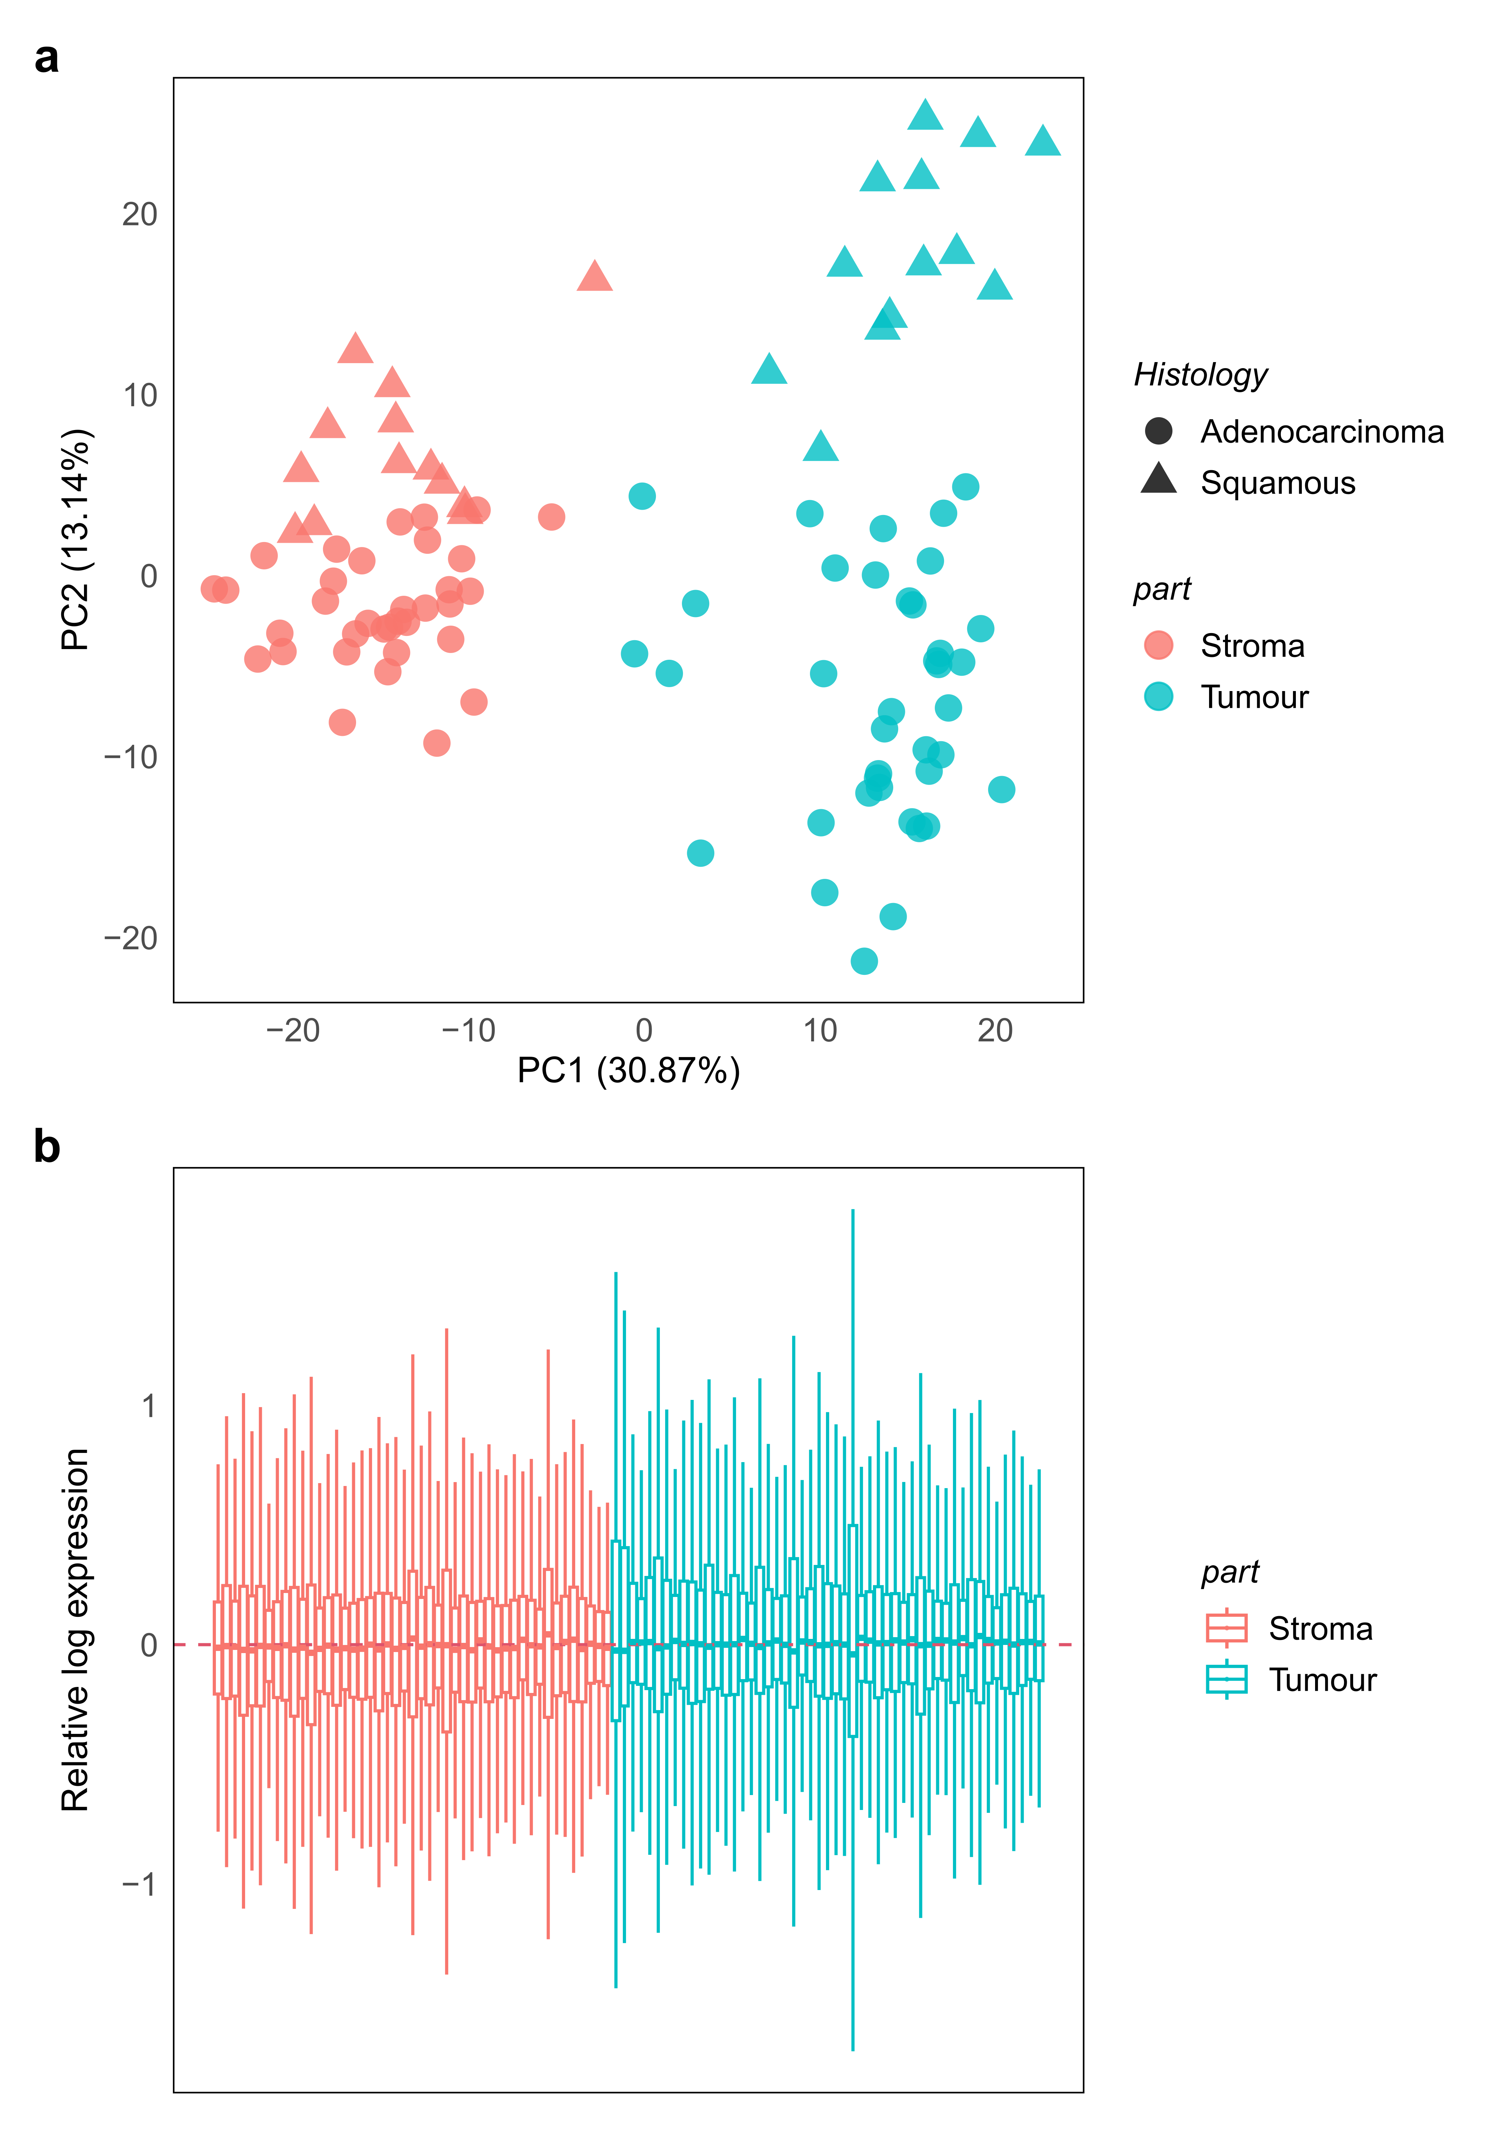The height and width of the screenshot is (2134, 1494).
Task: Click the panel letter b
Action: [x=47, y=1148]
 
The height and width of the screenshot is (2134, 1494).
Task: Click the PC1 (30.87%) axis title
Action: [x=629, y=1071]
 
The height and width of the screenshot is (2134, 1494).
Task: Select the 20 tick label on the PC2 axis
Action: [x=139, y=215]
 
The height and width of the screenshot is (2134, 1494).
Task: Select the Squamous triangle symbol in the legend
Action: [x=1159, y=479]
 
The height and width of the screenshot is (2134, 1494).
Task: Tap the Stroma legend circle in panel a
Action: [x=1159, y=645]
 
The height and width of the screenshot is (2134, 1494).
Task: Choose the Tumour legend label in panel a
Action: [x=1254, y=697]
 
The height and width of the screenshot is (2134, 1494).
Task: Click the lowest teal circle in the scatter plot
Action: [x=864, y=961]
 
